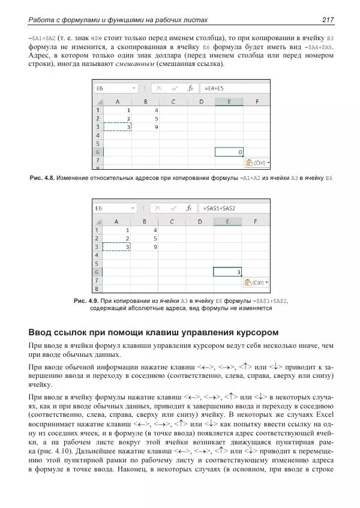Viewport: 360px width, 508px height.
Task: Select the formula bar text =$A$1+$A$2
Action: (220, 208)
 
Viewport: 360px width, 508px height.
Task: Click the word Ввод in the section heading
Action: (41, 332)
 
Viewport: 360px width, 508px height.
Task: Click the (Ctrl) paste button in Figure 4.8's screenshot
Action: (257, 163)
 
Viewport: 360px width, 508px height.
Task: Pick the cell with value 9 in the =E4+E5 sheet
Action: (155, 127)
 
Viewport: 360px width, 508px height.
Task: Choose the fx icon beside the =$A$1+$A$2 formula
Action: (189, 208)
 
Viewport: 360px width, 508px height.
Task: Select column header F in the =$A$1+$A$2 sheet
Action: (257, 221)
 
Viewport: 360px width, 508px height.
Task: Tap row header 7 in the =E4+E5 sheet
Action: (98, 161)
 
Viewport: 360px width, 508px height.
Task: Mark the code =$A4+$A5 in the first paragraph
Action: (319, 47)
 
